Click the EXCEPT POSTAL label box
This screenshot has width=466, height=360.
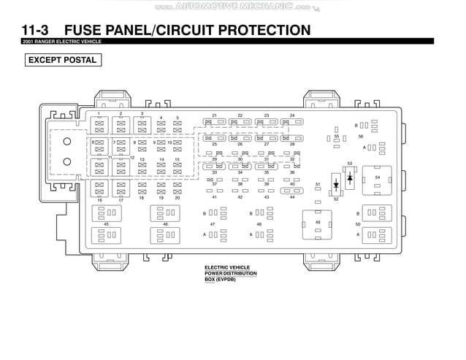pyautogui.click(x=61, y=60)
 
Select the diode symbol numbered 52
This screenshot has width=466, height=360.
pyautogui.click(x=335, y=184)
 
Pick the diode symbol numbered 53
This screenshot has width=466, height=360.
pyautogui.click(x=350, y=177)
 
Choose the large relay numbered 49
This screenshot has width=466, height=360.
pyautogui.click(x=318, y=222)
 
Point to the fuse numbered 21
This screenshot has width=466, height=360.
pyautogui.click(x=215, y=123)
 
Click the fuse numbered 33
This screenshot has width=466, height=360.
pyautogui.click(x=215, y=166)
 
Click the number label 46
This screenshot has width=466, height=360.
pyautogui.click(x=166, y=224)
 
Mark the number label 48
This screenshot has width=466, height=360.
pyautogui.click(x=259, y=224)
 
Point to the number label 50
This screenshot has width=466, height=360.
pyautogui.click(x=358, y=224)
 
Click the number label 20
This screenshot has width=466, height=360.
pyautogui.click(x=177, y=198)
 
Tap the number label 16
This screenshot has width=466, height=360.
pyautogui.click(x=99, y=199)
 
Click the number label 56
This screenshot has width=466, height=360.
pyautogui.click(x=360, y=136)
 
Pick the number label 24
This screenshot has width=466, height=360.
pyautogui.click(x=291, y=115)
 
